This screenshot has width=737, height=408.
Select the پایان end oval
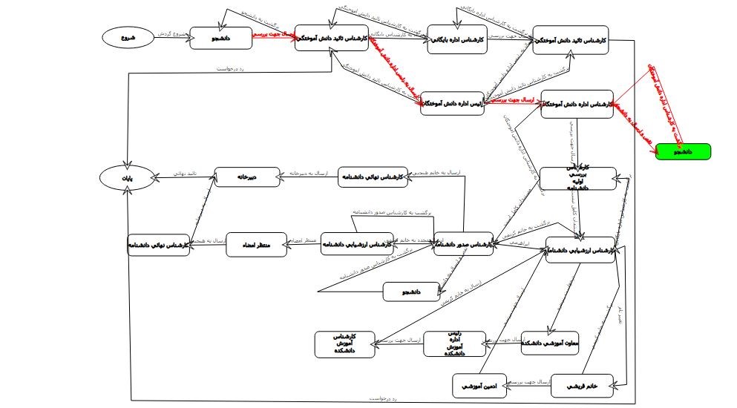point(127,177)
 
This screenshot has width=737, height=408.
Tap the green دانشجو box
point(683,151)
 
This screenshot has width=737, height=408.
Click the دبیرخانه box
point(247,177)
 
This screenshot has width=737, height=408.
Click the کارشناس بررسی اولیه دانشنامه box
point(577,178)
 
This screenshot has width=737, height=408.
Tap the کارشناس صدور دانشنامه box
point(463,244)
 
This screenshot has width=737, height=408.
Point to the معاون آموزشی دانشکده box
point(550,343)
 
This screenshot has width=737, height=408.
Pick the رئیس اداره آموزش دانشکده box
point(454,343)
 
